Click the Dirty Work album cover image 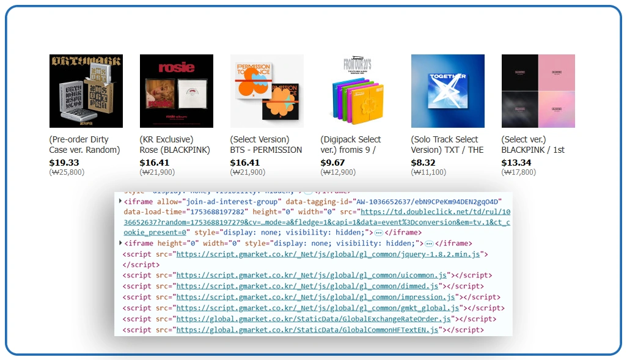(86, 91)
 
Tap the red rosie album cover (176, 91)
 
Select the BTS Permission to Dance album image (266, 91)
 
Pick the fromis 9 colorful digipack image (357, 91)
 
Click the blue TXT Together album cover (447, 91)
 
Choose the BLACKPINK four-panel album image (538, 91)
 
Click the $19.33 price (64, 163)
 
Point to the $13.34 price (516, 163)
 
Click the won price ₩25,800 (67, 172)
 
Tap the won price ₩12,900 (338, 172)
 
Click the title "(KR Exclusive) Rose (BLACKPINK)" (175, 145)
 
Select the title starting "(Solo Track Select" (447, 145)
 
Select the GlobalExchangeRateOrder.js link (313, 319)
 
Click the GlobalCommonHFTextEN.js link (307, 330)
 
